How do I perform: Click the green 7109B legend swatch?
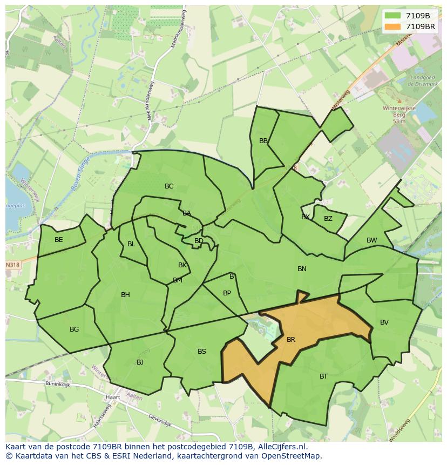(x=393, y=16)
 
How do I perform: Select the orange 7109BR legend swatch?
(x=393, y=26)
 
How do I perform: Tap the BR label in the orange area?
(x=291, y=340)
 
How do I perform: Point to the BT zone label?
(x=323, y=376)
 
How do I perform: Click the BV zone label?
(x=384, y=322)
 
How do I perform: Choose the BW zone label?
(x=372, y=240)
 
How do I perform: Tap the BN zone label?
(x=302, y=268)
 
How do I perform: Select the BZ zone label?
(x=328, y=219)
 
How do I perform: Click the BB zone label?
(x=263, y=141)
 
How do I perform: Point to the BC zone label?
(x=169, y=186)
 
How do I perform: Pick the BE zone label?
(x=59, y=240)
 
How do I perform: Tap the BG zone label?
(x=74, y=329)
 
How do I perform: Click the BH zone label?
(x=125, y=295)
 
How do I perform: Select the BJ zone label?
(x=140, y=362)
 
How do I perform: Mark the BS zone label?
(x=202, y=352)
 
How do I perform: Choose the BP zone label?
(x=227, y=293)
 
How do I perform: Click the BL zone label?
(x=131, y=244)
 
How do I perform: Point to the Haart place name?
(x=113, y=397)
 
